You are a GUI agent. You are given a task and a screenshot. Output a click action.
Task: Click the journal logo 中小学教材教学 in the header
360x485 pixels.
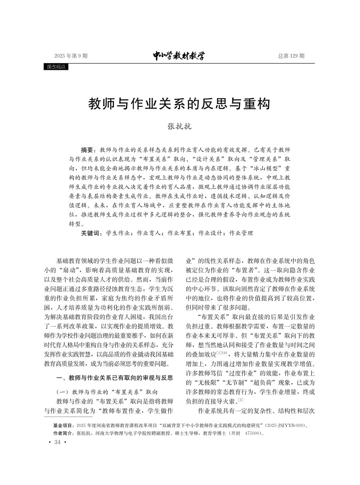pos(179,56)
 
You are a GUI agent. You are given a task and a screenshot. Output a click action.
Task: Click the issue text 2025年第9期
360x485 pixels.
pos(71,56)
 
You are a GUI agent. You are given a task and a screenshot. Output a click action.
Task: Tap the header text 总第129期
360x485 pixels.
pos(291,56)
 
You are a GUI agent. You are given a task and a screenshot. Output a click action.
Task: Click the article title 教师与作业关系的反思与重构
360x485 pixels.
pos(179,104)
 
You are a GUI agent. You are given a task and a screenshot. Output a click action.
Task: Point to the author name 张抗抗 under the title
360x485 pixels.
pos(180,127)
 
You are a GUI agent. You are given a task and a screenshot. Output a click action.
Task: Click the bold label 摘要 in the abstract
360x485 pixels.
pos(87,149)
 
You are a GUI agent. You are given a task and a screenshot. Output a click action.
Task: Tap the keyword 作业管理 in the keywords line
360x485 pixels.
pos(241,233)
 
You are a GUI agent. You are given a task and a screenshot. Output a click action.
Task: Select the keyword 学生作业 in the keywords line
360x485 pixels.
pos(119,233)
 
